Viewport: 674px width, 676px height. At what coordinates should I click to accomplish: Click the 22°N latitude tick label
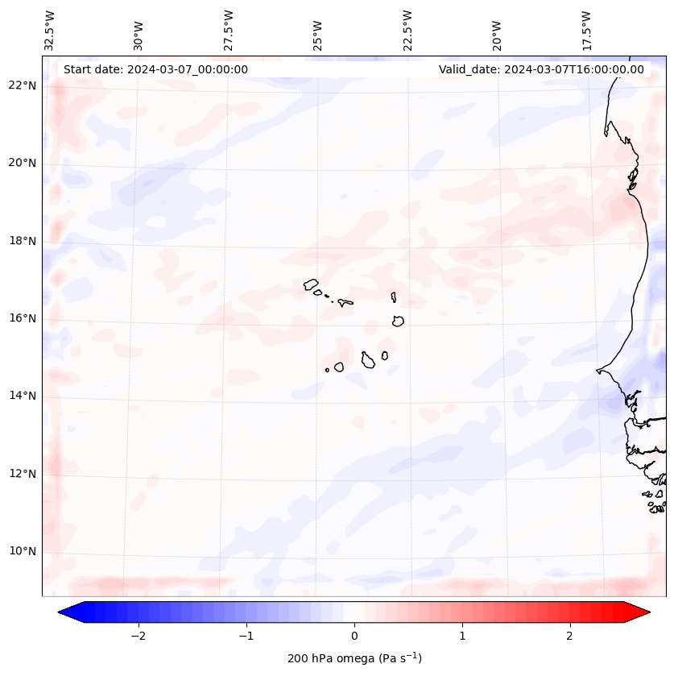pos(22,85)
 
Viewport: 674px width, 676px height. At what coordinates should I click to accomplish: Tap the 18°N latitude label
pos(22,241)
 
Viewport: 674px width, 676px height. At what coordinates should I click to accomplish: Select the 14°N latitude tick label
pos(22,396)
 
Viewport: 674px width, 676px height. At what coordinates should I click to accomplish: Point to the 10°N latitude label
pos(22,551)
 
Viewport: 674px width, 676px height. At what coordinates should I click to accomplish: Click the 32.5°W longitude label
pos(50,30)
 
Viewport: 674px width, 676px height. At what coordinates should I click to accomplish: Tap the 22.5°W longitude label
pos(407,30)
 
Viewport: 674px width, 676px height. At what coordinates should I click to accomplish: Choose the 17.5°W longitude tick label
pos(586,30)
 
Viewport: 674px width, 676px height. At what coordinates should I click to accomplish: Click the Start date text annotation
pos(155,69)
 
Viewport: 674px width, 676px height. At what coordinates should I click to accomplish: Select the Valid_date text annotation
pos(541,69)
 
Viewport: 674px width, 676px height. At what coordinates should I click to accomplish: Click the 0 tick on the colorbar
pos(354,636)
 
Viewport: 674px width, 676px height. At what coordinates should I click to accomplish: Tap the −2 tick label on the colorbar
pos(138,636)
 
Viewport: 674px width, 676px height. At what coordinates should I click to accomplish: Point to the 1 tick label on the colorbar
pos(462,636)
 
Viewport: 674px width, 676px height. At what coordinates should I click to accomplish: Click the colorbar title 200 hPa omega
pos(354,658)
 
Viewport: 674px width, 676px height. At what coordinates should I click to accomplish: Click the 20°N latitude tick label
pos(22,163)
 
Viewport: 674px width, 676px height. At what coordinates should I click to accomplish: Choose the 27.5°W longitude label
pos(229,30)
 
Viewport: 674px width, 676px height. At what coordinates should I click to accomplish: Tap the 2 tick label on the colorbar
pos(570,636)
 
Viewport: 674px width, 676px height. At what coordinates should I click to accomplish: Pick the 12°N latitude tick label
pos(22,474)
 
